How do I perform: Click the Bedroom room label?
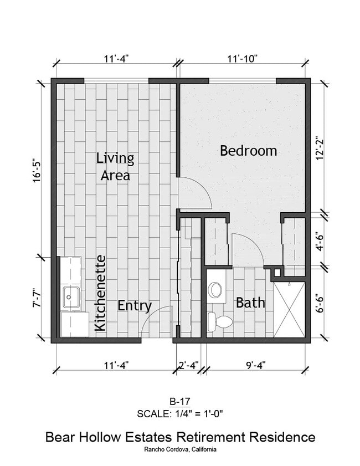pos(248,151)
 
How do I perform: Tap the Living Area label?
pos(115,167)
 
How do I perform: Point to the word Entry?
pos(135,306)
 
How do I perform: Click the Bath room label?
pos(250,303)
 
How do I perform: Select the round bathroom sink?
pos(215,289)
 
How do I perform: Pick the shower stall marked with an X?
pos(289,309)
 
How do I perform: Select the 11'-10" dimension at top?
pos(242,58)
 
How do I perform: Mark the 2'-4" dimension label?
pos(188,365)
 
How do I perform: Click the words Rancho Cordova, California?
pos(179,449)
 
